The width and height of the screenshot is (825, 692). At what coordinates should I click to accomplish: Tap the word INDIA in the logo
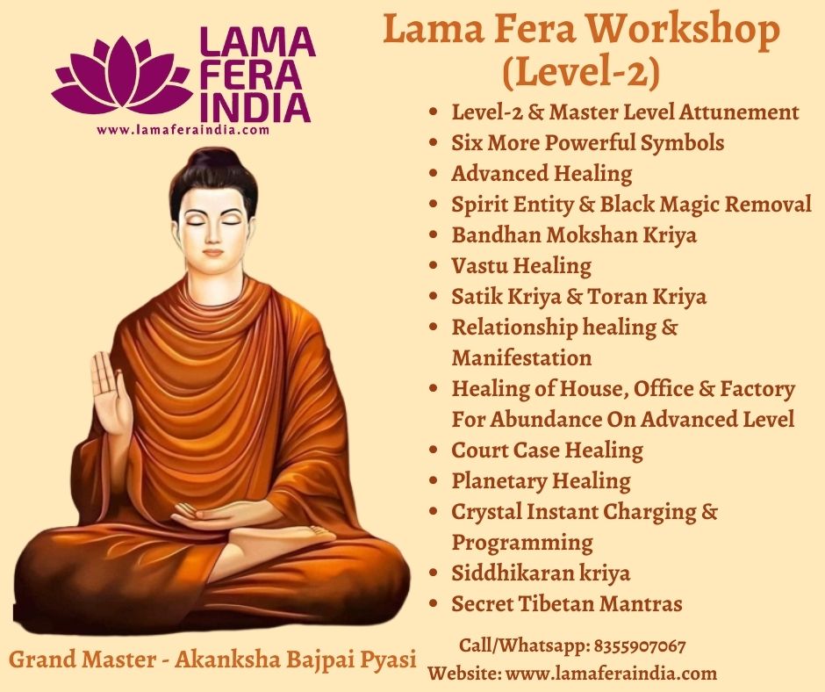[255, 108]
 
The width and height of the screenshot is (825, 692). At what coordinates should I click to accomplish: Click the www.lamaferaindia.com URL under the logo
[183, 130]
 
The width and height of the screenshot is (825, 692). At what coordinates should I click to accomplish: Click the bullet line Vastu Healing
[520, 266]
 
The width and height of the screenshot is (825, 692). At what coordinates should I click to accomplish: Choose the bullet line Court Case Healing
[547, 451]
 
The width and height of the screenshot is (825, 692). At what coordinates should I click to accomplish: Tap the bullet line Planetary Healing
[541, 481]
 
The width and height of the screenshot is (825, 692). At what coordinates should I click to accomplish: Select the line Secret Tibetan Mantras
[567, 603]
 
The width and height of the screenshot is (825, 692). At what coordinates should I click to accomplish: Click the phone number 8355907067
[640, 646]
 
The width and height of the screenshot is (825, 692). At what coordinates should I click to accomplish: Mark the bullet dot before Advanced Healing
[434, 173]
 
